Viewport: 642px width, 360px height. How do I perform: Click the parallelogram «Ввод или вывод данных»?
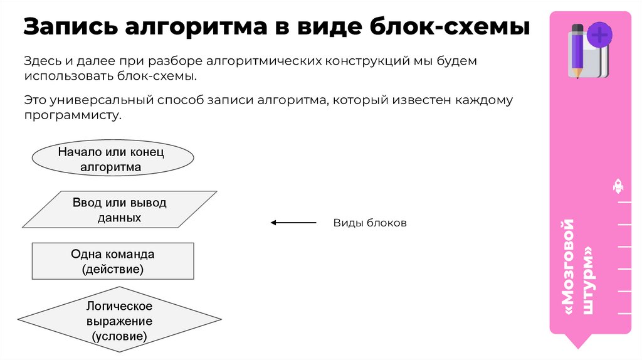[119, 210]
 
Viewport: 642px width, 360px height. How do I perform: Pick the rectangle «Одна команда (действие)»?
[113, 262]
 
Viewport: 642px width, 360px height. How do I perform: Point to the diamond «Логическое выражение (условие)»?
[119, 321]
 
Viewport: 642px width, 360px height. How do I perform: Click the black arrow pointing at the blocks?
[293, 223]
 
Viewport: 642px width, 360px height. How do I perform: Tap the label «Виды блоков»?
[370, 223]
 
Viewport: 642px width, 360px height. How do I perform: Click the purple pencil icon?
[577, 51]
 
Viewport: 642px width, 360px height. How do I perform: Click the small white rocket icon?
[618, 186]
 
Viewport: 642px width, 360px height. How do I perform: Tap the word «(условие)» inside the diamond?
[119, 336]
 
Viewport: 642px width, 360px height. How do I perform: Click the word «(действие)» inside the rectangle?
[113, 269]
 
